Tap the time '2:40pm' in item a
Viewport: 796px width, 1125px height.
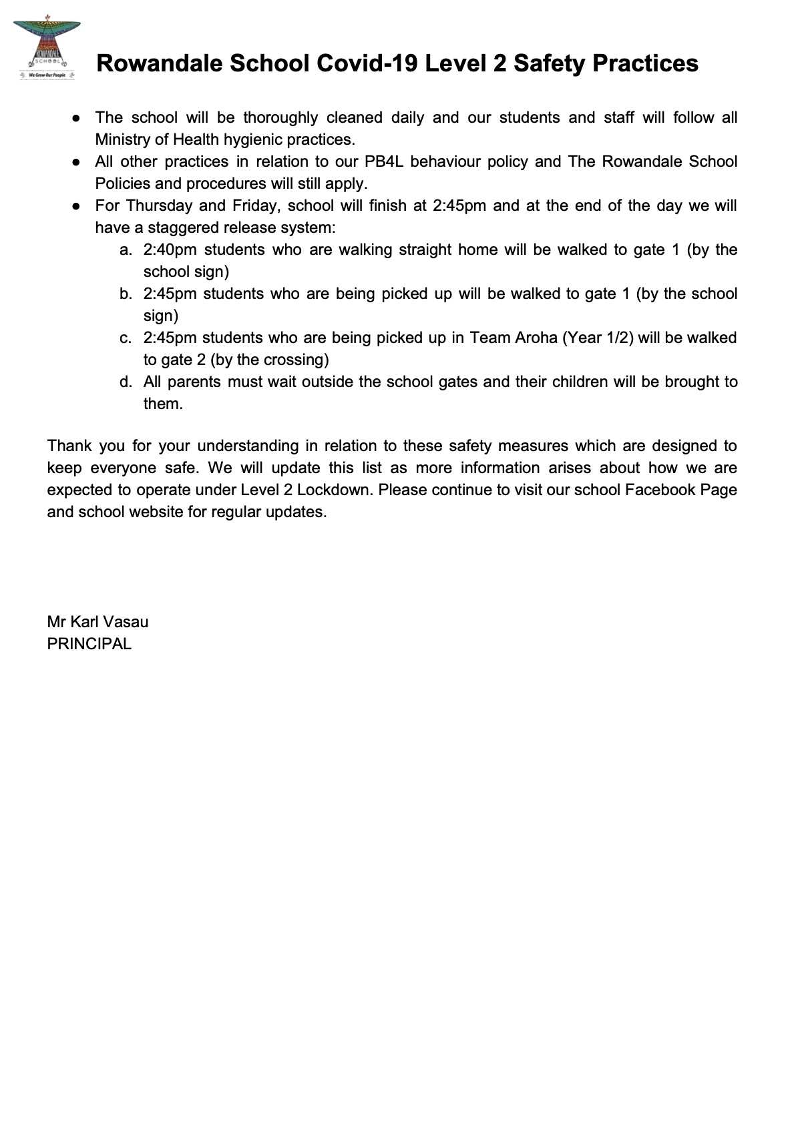(170, 250)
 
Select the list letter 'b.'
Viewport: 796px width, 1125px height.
(126, 294)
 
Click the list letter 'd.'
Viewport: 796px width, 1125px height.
(126, 382)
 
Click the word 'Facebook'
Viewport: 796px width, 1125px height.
(660, 490)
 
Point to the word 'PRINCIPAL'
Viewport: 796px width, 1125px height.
(89, 644)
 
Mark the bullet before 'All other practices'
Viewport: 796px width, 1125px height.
(77, 161)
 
